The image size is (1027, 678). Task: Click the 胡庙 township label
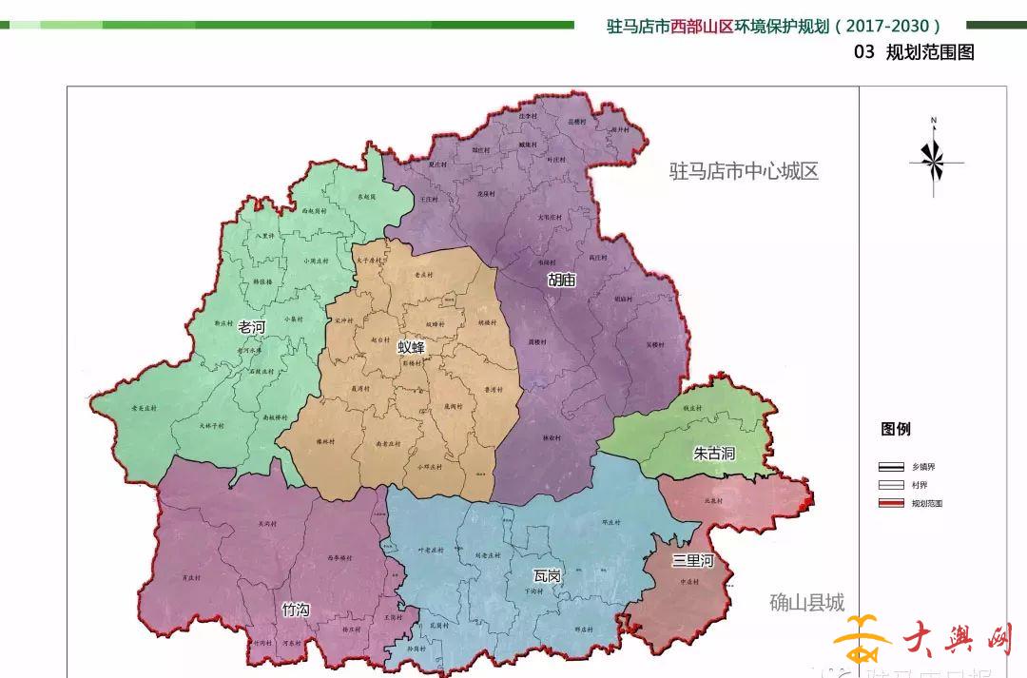tap(562, 280)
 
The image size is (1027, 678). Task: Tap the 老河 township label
tap(252, 327)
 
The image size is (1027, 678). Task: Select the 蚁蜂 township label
tap(411, 347)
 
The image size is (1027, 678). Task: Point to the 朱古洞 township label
tap(714, 455)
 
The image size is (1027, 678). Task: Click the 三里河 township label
tap(692, 561)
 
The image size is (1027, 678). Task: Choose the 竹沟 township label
tap(296, 610)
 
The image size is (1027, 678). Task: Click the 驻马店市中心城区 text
tap(744, 172)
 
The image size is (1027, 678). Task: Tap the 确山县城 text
tap(806, 603)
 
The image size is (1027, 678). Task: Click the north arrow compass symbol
tap(934, 163)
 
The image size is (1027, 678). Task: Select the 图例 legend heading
tap(896, 430)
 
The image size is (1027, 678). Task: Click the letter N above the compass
tap(934, 121)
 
